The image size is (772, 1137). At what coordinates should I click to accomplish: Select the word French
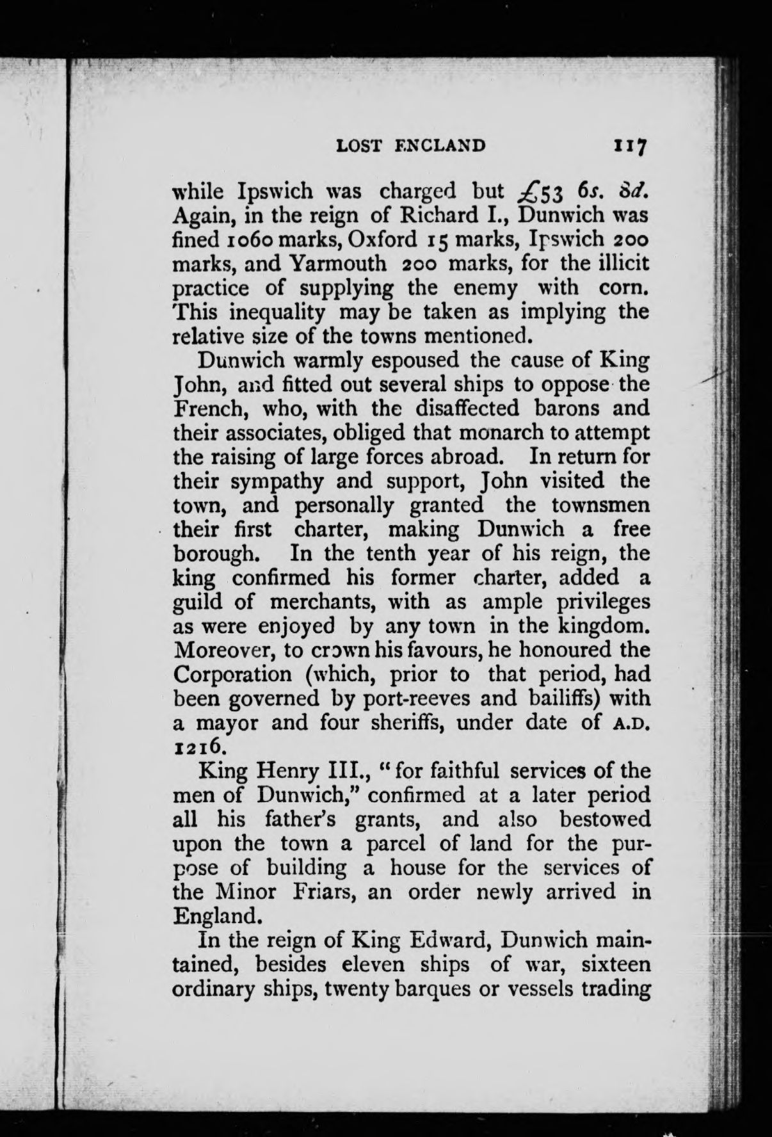pyautogui.click(x=206, y=408)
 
